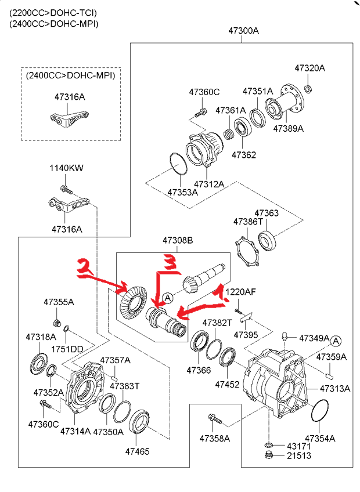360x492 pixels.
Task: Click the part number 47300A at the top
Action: [x=243, y=31]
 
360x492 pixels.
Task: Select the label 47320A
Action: [x=309, y=68]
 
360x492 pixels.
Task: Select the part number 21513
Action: [x=298, y=456]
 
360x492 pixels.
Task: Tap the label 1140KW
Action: [x=66, y=168]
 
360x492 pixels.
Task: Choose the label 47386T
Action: [x=249, y=222]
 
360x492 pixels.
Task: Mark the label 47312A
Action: [x=209, y=184]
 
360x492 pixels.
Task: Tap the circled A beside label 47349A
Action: [x=337, y=341]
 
